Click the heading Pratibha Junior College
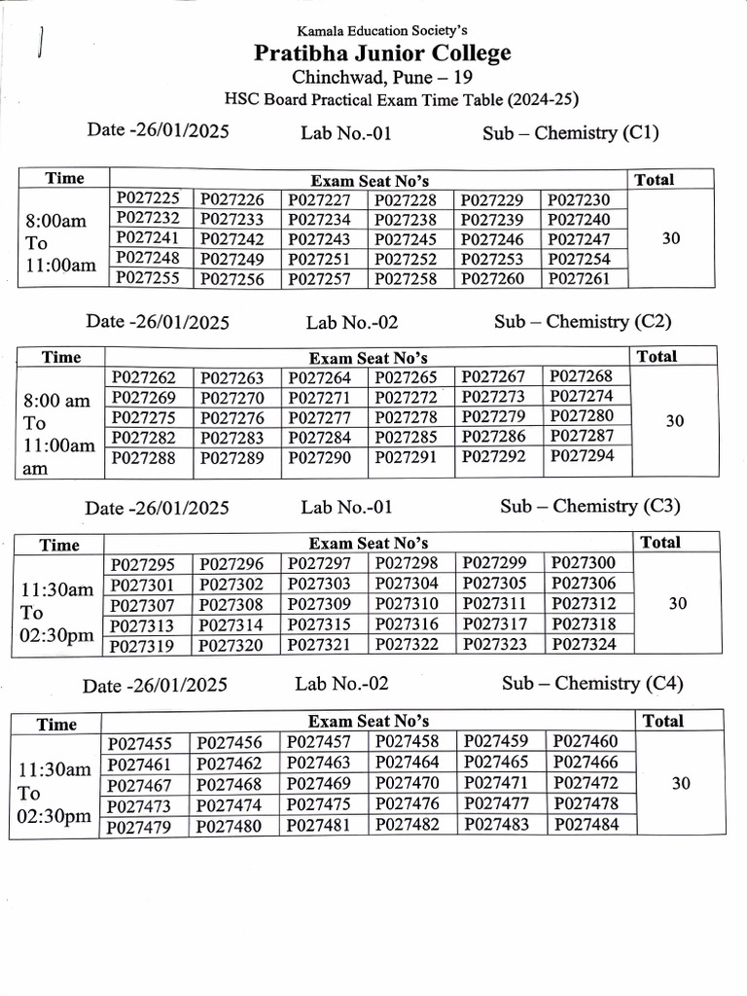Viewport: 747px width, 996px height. click(382, 53)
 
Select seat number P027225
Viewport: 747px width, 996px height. click(148, 198)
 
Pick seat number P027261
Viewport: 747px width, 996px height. click(579, 279)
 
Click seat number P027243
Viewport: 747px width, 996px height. click(320, 239)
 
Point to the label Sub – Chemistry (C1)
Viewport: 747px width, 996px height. click(570, 133)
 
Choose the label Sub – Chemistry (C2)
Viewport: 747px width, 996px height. click(583, 322)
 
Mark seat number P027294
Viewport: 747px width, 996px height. click(582, 456)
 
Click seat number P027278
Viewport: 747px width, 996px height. click(406, 417)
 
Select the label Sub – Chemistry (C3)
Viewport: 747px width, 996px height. click(589, 506)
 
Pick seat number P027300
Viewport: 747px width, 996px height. click(583, 563)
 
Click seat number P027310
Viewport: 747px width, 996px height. click(407, 604)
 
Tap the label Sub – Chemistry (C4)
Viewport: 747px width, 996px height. click(592, 684)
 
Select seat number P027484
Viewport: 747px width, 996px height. click(585, 825)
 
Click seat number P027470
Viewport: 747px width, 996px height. click(407, 783)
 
